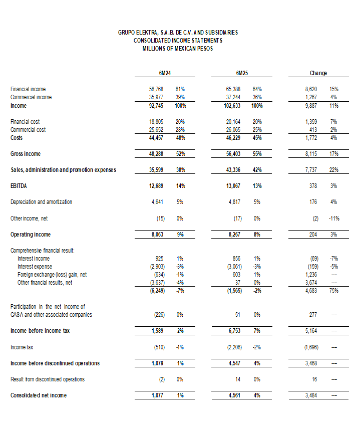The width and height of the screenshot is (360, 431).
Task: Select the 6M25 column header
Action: [242, 73]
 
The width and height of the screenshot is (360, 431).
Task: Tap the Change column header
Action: [318, 73]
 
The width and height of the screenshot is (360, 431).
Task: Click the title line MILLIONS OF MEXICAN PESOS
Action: [178, 49]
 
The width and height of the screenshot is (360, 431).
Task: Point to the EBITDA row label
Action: [19, 186]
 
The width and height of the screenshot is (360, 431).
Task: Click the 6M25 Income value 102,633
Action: [235, 106]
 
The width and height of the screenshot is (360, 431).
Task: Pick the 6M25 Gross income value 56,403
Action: [236, 154]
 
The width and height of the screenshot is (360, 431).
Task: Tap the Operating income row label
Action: [31, 234]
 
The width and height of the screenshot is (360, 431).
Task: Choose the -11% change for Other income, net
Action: [333, 218]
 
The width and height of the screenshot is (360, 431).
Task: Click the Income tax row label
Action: [22, 347]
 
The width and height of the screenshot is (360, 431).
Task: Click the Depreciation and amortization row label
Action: [41, 202]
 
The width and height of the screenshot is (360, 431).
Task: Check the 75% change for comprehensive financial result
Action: [334, 291]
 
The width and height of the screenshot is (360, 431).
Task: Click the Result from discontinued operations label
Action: [48, 379]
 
